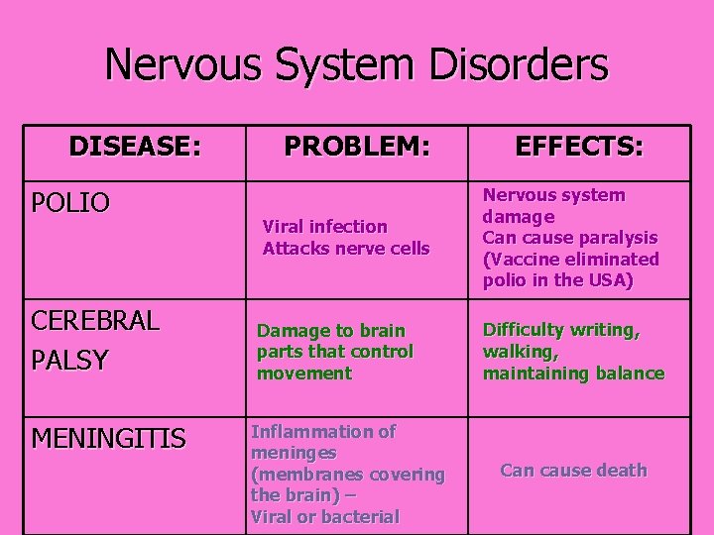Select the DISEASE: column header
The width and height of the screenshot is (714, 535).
tap(135, 147)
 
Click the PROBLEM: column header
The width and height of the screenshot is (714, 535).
tap(357, 147)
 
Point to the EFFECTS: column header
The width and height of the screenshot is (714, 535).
tap(579, 147)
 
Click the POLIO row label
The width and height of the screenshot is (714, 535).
tap(70, 203)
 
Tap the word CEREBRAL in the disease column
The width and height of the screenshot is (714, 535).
tap(94, 322)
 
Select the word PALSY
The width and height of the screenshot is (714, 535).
tap(69, 361)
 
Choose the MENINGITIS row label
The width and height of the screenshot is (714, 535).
tap(108, 438)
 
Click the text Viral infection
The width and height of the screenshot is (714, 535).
tap(324, 227)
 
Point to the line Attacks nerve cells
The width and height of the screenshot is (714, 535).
tap(346, 248)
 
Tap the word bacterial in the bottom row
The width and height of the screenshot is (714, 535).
tap(363, 516)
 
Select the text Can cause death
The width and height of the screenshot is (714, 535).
tap(573, 471)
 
